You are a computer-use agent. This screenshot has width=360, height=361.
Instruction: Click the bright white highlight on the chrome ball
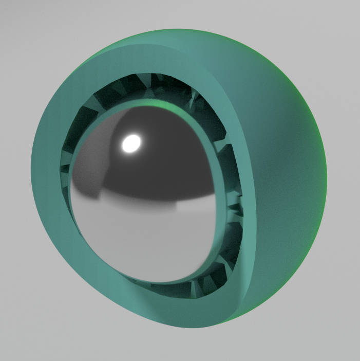[131, 142]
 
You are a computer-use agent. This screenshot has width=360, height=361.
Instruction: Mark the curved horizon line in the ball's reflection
[154, 202]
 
